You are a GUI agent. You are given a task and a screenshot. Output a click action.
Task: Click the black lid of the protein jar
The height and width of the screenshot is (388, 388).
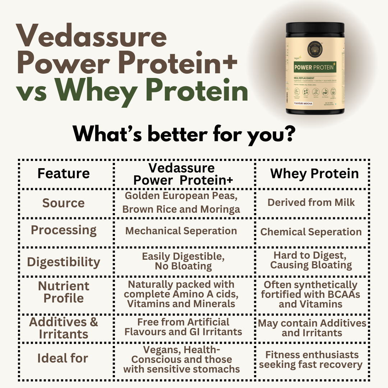tap(315, 29)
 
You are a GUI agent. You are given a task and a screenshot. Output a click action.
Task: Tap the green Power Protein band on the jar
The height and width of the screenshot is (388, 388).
tap(315, 67)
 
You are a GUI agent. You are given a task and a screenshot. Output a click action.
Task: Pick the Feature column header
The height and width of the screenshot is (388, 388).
tap(64, 174)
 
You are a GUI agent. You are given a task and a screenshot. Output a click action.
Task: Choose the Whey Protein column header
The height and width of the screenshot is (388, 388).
tap(314, 174)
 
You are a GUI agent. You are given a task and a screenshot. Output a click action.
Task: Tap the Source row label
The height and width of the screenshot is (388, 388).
tap(64, 203)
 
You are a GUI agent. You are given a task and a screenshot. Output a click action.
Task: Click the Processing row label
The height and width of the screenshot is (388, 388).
tap(64, 230)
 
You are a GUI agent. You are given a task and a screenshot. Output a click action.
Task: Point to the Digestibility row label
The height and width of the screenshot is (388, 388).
tap(64, 262)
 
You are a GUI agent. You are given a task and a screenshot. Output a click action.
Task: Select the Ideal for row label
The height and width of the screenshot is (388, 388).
tap(63, 358)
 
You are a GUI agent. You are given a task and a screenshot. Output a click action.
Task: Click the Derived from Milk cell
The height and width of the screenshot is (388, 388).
tap(311, 202)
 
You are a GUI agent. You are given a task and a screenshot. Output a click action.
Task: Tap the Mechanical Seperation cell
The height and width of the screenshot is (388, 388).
tap(181, 231)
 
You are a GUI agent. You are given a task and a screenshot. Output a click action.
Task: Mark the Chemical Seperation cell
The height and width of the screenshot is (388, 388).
tap(311, 232)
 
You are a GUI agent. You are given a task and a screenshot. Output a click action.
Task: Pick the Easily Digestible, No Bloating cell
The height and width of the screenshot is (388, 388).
tap(183, 261)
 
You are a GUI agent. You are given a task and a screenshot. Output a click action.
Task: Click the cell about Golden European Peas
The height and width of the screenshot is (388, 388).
tap(181, 203)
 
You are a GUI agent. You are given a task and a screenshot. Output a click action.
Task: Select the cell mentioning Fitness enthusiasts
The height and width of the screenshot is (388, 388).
tap(311, 360)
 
